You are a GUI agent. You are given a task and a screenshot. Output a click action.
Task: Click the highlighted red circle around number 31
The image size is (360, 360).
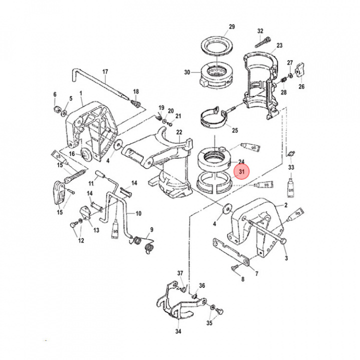click(241, 172)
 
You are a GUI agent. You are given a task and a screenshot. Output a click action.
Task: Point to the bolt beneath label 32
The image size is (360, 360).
click(262, 42)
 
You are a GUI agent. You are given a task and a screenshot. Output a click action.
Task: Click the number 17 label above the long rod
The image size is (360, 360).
click(105, 72)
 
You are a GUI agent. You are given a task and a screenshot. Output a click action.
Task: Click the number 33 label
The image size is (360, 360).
click(291, 167)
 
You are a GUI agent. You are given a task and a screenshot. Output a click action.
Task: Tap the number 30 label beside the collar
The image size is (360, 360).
click(187, 72)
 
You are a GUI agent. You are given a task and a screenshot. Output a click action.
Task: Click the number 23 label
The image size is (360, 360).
click(278, 45)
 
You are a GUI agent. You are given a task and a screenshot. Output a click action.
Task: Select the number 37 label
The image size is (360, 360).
click(180, 272)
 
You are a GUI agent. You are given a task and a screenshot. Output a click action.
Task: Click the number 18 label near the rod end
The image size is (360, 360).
click(135, 91)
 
